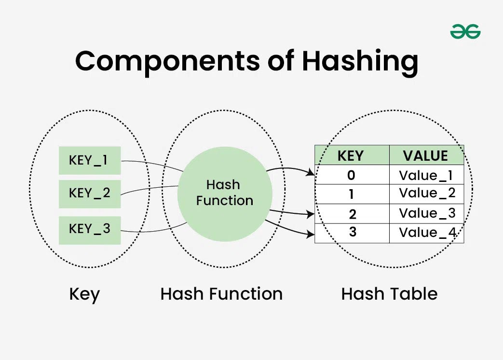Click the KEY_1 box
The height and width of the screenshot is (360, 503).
(x=90, y=160)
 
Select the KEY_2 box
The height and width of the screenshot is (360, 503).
(x=90, y=194)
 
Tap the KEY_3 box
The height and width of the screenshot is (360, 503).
(x=90, y=230)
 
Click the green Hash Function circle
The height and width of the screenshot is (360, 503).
(x=225, y=193)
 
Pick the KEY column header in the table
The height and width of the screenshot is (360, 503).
(x=352, y=155)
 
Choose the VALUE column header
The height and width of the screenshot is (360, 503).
(x=426, y=155)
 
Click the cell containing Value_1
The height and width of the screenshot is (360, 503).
(x=426, y=175)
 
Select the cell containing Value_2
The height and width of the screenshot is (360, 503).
(x=426, y=194)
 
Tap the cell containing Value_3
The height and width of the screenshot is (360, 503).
(x=426, y=213)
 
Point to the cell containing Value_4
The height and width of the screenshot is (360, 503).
(x=426, y=233)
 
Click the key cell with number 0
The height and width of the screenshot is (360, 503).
(x=352, y=175)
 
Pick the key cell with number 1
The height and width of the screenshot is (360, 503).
(x=352, y=194)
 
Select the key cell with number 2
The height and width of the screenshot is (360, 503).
(x=352, y=213)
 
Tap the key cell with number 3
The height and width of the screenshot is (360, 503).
(x=352, y=233)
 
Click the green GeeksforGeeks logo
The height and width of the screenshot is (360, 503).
(x=465, y=32)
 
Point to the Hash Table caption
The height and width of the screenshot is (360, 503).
(x=389, y=294)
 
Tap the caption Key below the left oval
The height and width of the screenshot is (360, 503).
(x=84, y=294)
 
